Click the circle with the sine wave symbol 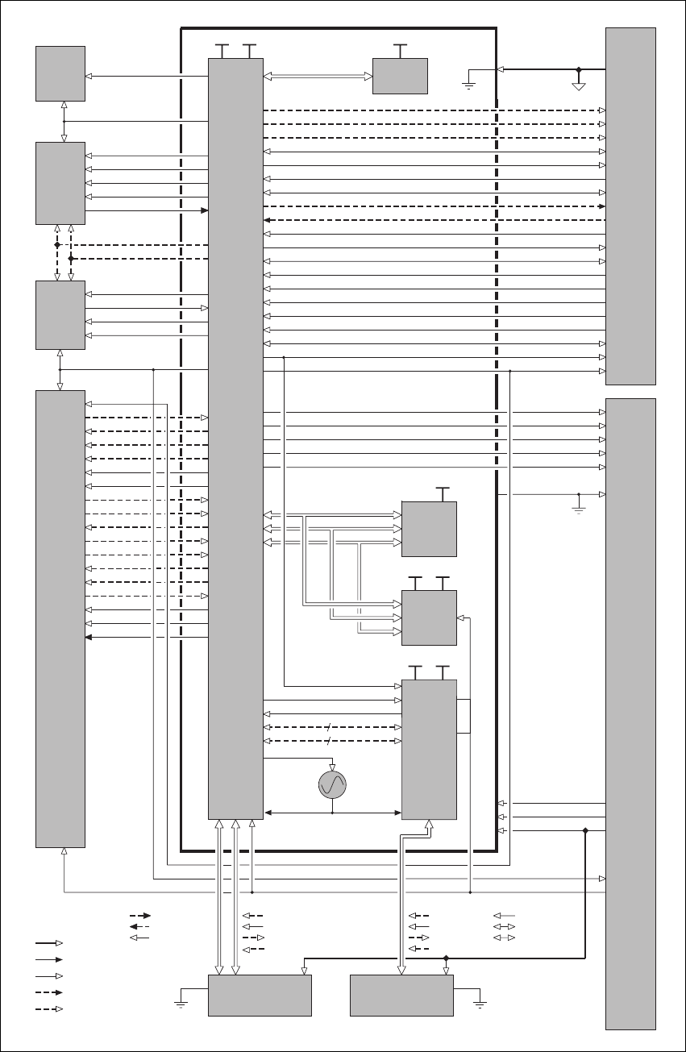(x=332, y=784)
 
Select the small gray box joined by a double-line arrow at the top (x=400, y=76)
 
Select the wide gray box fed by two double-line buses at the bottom (x=260, y=995)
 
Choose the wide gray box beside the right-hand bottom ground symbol (x=401, y=995)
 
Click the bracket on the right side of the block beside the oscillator (x=464, y=717)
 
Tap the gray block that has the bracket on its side (x=429, y=749)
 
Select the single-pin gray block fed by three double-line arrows (x=429, y=529)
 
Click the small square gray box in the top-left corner (x=60, y=73)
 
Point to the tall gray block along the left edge (x=60, y=618)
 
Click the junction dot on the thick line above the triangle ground (x=578, y=69)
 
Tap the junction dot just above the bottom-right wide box (x=446, y=958)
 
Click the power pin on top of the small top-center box (x=401, y=48)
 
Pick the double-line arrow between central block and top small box (x=318, y=77)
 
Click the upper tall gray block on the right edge (x=630, y=206)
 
